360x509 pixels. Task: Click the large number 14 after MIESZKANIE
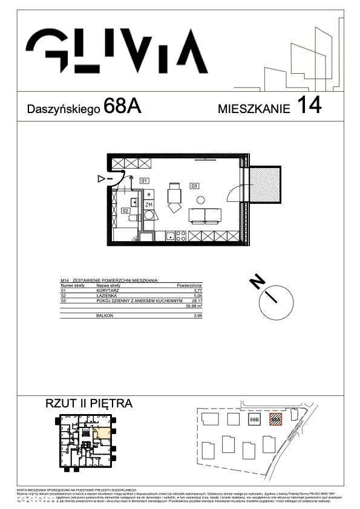308,106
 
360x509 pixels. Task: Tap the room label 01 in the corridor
144,181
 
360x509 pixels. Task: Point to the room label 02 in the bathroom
125,210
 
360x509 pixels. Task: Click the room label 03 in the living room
194,185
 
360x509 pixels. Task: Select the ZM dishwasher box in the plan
149,206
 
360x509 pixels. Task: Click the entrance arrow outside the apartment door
102,179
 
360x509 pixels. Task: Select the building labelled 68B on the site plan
254,419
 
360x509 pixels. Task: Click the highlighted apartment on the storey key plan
103,432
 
